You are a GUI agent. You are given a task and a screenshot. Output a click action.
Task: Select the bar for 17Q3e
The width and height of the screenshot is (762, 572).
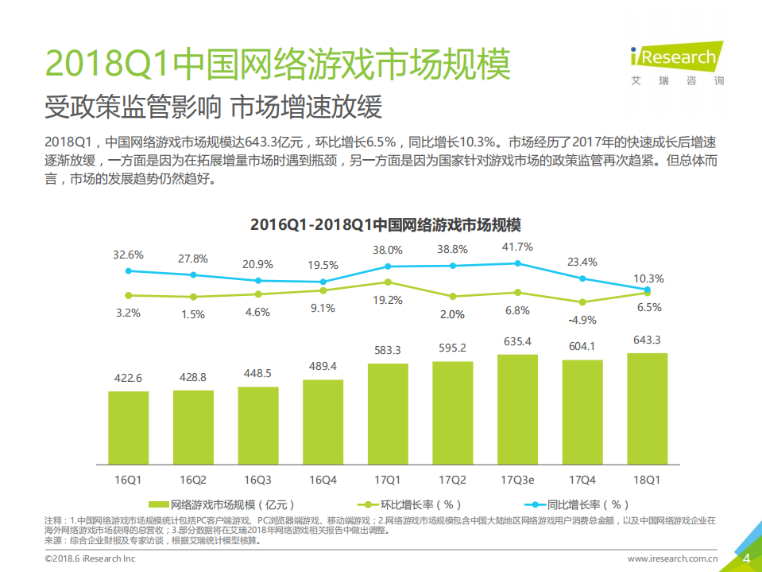[x=517, y=409]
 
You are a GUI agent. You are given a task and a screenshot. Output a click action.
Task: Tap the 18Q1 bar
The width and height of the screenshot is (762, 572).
[x=647, y=408]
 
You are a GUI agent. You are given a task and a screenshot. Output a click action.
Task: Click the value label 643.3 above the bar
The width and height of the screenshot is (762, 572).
[x=647, y=340]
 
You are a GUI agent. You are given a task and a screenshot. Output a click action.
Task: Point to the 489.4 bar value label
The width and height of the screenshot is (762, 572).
[x=323, y=366]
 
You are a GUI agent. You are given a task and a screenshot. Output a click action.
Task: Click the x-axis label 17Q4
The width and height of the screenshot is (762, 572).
[x=582, y=480]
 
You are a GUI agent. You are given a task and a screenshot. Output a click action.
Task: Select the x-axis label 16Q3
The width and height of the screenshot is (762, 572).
[x=257, y=480]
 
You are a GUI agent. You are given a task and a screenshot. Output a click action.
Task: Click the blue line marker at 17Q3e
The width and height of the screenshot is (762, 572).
[x=517, y=263]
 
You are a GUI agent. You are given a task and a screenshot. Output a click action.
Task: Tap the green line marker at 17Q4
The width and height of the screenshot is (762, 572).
[x=582, y=302]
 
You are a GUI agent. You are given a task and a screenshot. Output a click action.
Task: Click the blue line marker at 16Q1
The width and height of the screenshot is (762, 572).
[x=128, y=270]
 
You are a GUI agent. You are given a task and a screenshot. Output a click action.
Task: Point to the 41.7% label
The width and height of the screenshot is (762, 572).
[x=517, y=247]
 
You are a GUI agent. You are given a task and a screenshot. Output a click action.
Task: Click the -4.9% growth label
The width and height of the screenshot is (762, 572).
[x=582, y=320]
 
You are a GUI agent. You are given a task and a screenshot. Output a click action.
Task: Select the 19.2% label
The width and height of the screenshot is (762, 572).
[x=388, y=300]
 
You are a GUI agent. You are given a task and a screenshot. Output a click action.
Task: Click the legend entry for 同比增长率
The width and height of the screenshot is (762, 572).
[x=578, y=504]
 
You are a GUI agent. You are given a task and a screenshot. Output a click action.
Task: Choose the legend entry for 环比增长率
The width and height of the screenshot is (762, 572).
[x=411, y=504]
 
